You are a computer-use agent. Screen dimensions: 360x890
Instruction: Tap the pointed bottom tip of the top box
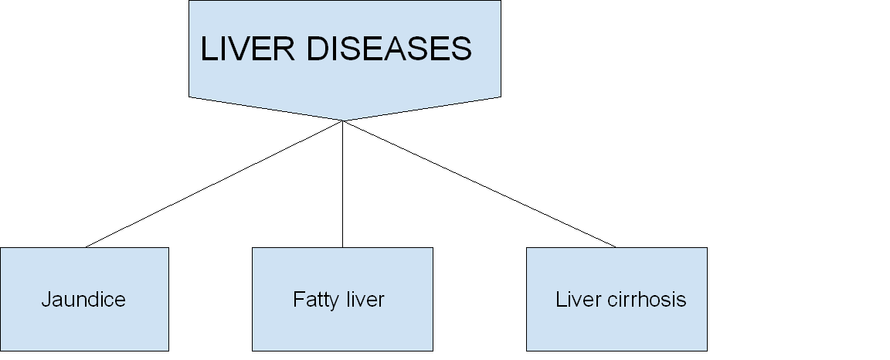(343, 121)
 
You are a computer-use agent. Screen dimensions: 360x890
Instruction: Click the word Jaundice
(83, 300)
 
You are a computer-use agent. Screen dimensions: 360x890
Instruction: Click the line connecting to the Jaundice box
(214, 184)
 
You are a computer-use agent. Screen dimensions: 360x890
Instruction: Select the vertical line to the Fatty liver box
(343, 185)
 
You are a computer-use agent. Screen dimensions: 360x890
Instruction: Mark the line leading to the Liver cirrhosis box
(479, 184)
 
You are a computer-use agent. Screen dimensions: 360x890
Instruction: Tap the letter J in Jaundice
(46, 300)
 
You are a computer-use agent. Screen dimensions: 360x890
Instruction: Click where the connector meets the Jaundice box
(86, 247)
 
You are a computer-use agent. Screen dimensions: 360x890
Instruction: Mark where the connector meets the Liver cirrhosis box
(616, 247)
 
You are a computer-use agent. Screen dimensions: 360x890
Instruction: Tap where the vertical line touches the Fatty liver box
(343, 247)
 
